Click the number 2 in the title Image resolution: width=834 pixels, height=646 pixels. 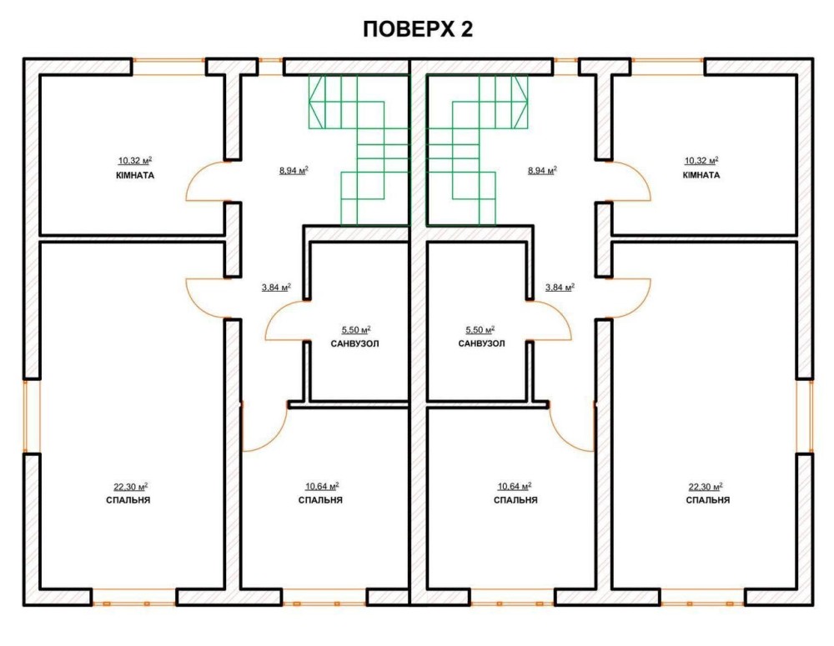pyautogui.click(x=465, y=29)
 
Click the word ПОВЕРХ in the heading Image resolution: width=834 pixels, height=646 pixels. pyautogui.click(x=408, y=29)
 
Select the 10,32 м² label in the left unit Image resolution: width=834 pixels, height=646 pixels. pyautogui.click(x=135, y=161)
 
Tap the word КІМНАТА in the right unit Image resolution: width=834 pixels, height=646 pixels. pyautogui.click(x=701, y=175)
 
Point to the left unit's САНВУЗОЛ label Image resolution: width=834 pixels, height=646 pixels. pyautogui.click(x=354, y=344)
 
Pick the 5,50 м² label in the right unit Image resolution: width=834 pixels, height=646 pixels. pyautogui.click(x=480, y=330)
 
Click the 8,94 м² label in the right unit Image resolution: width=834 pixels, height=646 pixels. pyautogui.click(x=542, y=171)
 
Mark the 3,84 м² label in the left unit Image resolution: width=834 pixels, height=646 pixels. pyautogui.click(x=276, y=288)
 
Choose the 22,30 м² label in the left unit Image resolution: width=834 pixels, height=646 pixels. pyautogui.click(x=130, y=487)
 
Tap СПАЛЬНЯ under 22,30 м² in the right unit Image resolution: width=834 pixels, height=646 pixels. pyautogui.click(x=707, y=500)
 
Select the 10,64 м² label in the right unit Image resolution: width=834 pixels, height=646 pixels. pyautogui.click(x=515, y=487)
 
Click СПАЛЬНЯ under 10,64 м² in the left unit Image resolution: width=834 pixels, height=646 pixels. pyautogui.click(x=320, y=500)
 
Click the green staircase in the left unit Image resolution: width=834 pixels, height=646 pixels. pyautogui.click(x=359, y=151)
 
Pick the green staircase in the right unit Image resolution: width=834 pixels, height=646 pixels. pyautogui.click(x=477, y=151)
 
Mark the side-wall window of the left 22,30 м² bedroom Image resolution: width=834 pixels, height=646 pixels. pyautogui.click(x=32, y=416)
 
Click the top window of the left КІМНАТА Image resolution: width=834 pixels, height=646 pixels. pyautogui.click(x=168, y=67)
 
